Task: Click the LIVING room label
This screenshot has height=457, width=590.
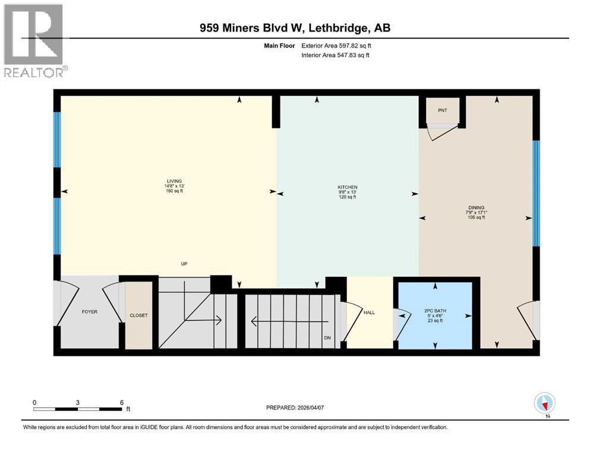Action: pos(174,181)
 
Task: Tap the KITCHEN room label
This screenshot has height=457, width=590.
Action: pos(348,187)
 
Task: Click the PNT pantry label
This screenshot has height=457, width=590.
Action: pos(443,110)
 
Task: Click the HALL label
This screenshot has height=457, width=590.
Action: pos(369,312)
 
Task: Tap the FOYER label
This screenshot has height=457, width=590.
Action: pos(90,311)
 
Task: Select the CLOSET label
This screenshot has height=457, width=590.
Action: pos(138,315)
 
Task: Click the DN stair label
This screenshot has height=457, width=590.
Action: pos(327,338)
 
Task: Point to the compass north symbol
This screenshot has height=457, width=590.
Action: pos(545,404)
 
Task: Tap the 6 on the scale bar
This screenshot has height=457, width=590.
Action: pos(122,402)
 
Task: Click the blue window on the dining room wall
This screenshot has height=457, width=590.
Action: pos(535,193)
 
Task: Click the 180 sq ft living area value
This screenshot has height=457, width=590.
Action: pos(174,192)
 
